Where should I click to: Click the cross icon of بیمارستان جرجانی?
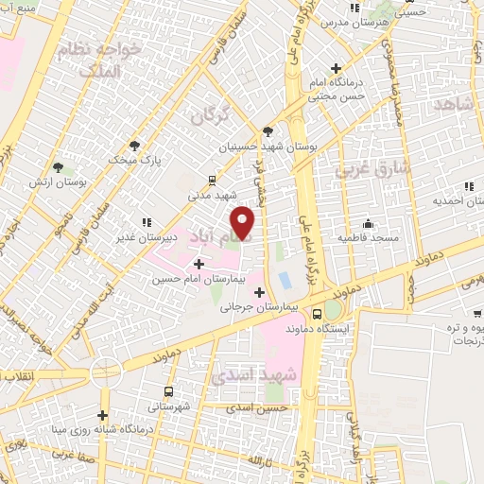click(x=259, y=292)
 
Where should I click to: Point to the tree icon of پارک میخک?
click(x=135, y=146)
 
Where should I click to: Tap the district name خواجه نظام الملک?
click(x=110, y=58)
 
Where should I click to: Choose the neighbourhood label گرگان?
click(x=210, y=116)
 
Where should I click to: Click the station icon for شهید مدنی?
click(x=212, y=178)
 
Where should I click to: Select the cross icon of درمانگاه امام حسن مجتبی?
click(x=337, y=68)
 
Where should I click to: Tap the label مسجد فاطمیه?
click(x=370, y=237)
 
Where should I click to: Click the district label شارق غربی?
click(x=372, y=169)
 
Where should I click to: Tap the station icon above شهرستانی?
click(x=169, y=391)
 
